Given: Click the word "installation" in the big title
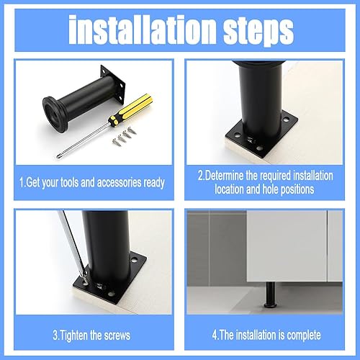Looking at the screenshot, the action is pos(143,30).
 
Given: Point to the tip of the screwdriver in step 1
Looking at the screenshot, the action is pos(58,157).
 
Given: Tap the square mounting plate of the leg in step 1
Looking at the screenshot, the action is pos(113,84).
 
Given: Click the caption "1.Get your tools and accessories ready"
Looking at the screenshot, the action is pos(92,183).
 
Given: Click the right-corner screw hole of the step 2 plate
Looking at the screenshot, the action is pos(286,119).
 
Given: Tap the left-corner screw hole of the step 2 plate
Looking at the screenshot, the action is pos(238,135).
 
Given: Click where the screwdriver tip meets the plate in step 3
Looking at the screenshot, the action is pos(86,275).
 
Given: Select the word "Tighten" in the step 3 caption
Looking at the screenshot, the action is pos(73,335).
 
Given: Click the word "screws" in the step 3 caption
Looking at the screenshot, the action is pos(117,336).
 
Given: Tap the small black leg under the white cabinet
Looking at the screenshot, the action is pos(271,294).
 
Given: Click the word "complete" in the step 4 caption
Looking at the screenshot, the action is pos(304,335).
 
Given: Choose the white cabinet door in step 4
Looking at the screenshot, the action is pos(287,246).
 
